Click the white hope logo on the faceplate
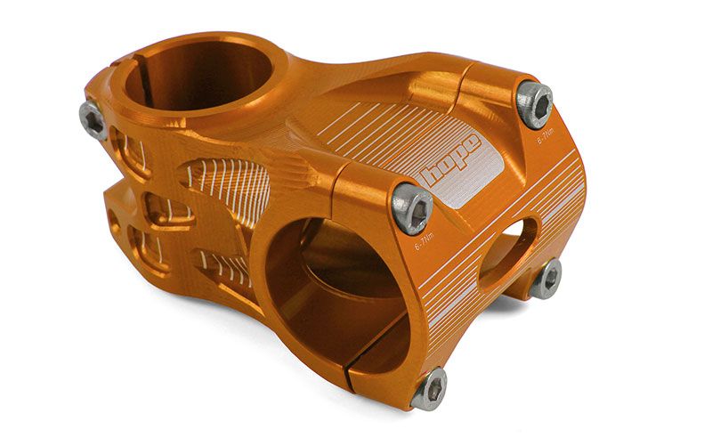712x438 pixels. coord(450,160)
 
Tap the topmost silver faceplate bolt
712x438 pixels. coord(535,104)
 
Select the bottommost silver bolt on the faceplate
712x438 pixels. coord(429,388)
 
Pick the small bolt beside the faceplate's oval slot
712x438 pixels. coord(546,279)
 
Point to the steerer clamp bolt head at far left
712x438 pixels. coord(93,120)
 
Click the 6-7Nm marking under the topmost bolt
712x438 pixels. coord(546,137)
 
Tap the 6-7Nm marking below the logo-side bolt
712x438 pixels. coord(425,241)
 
